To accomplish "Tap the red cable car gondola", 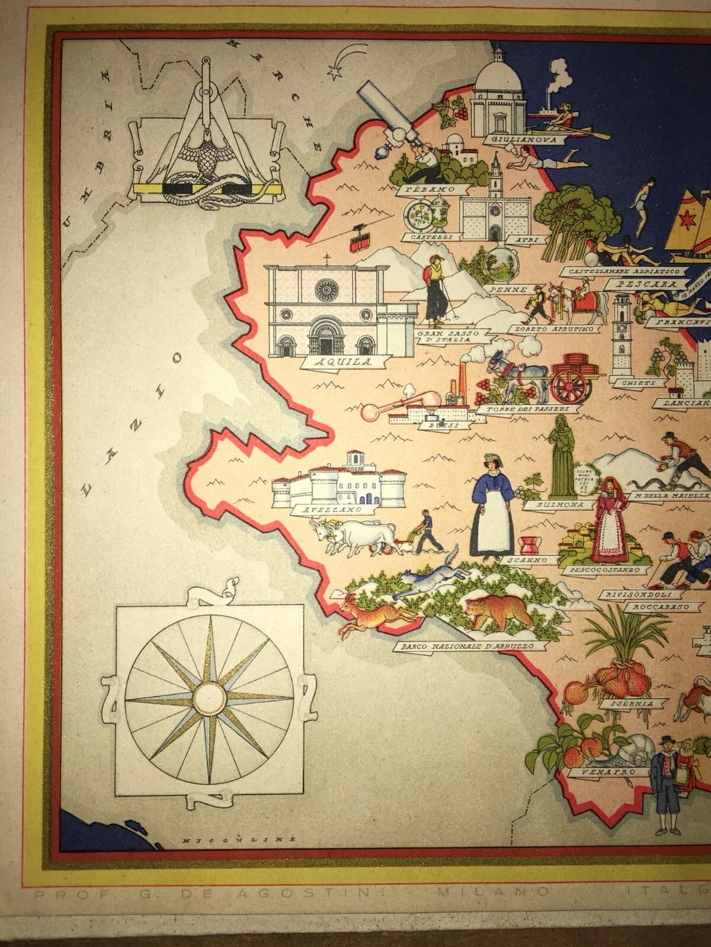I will [357, 242].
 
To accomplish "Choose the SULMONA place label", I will [559, 505].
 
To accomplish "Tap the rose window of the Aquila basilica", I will [325, 291].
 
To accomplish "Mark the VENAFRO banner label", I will [601, 772].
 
